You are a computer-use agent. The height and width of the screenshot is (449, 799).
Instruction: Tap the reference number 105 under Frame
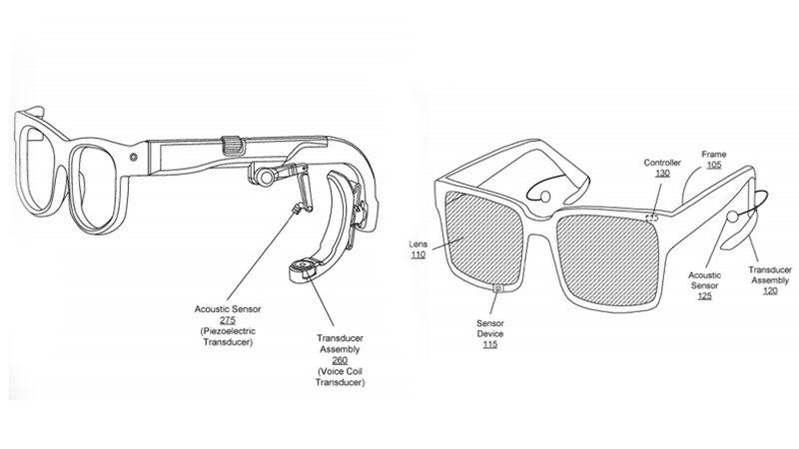pyautogui.click(x=713, y=167)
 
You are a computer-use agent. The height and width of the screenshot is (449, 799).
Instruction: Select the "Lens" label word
pyautogui.click(x=417, y=243)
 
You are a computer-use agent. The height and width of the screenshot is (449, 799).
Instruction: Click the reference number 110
pyautogui.click(x=417, y=256)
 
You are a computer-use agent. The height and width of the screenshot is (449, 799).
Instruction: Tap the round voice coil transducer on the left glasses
pyautogui.click(x=301, y=266)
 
